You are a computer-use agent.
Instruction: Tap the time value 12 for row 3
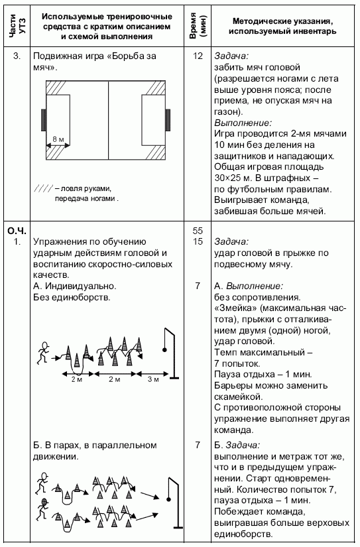coord(198,56)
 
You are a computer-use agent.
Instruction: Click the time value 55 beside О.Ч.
coord(198,231)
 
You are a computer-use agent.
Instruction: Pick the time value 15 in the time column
coord(198,242)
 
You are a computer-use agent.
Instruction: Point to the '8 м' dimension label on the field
coord(58,139)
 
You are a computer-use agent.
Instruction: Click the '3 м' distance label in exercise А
coord(153,379)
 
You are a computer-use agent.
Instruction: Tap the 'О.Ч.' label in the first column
coord(16,231)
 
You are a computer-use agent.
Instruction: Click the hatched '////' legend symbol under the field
coord(42,188)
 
